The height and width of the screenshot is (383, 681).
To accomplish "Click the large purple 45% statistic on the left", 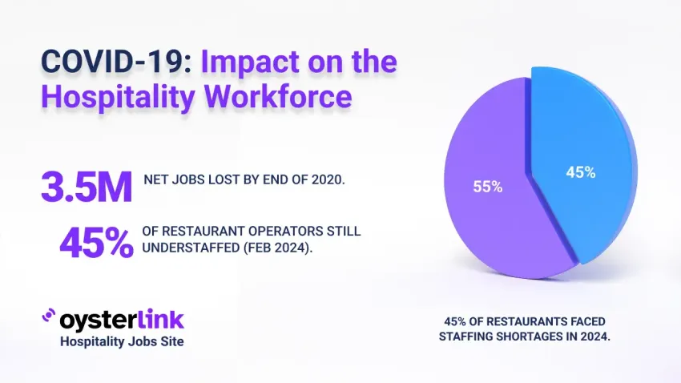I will pos(96,243).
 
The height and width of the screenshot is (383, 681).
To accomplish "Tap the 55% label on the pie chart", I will pos(486,187).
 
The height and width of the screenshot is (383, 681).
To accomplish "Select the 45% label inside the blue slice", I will pos(582,172).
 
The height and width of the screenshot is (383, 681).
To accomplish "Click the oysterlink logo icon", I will pos(48,319).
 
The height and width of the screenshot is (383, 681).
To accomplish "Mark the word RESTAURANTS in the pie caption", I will pos(524,321).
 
